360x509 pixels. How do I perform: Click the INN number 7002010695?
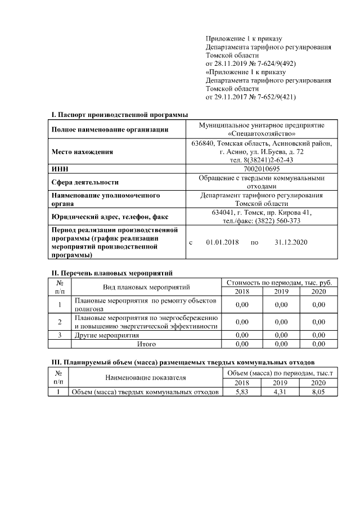coord(261,168)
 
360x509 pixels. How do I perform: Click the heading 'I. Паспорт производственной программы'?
coord(119,115)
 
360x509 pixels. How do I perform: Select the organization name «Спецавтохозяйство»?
coord(262,134)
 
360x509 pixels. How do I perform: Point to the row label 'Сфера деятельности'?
coord(85,182)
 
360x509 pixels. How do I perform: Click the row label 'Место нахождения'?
coord(82,152)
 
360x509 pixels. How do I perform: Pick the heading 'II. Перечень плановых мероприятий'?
coord(111,273)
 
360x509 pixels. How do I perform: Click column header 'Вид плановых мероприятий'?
coord(146,287)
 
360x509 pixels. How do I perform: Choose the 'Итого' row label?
coord(146,343)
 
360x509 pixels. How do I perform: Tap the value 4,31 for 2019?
coord(280,392)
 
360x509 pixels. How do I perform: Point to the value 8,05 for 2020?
coord(318,392)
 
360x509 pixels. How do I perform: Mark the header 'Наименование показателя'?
coord(145,378)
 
